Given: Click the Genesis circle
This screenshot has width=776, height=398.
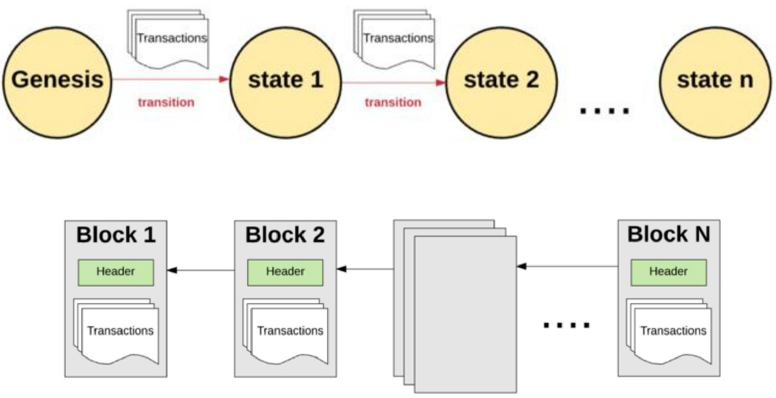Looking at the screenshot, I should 57,82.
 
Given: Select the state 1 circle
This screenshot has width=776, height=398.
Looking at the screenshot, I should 285,82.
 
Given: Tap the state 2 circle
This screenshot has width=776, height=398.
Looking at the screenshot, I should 501,82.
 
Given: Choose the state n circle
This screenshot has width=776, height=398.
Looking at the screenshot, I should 715,82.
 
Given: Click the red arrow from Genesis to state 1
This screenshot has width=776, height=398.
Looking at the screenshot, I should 170,79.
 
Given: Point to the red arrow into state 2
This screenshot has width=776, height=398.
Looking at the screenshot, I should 394,82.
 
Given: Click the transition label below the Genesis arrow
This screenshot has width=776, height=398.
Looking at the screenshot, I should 166,102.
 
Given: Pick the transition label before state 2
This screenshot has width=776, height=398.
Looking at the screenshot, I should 393,102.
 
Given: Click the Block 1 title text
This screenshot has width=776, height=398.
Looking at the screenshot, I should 116,235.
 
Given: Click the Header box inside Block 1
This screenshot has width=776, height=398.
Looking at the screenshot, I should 116,272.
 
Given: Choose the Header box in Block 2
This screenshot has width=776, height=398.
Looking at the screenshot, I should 285,272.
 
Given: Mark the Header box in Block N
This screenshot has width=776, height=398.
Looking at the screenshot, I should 668,272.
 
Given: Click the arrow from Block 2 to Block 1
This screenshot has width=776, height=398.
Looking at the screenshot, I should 201,270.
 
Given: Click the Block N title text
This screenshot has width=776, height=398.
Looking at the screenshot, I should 668,234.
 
